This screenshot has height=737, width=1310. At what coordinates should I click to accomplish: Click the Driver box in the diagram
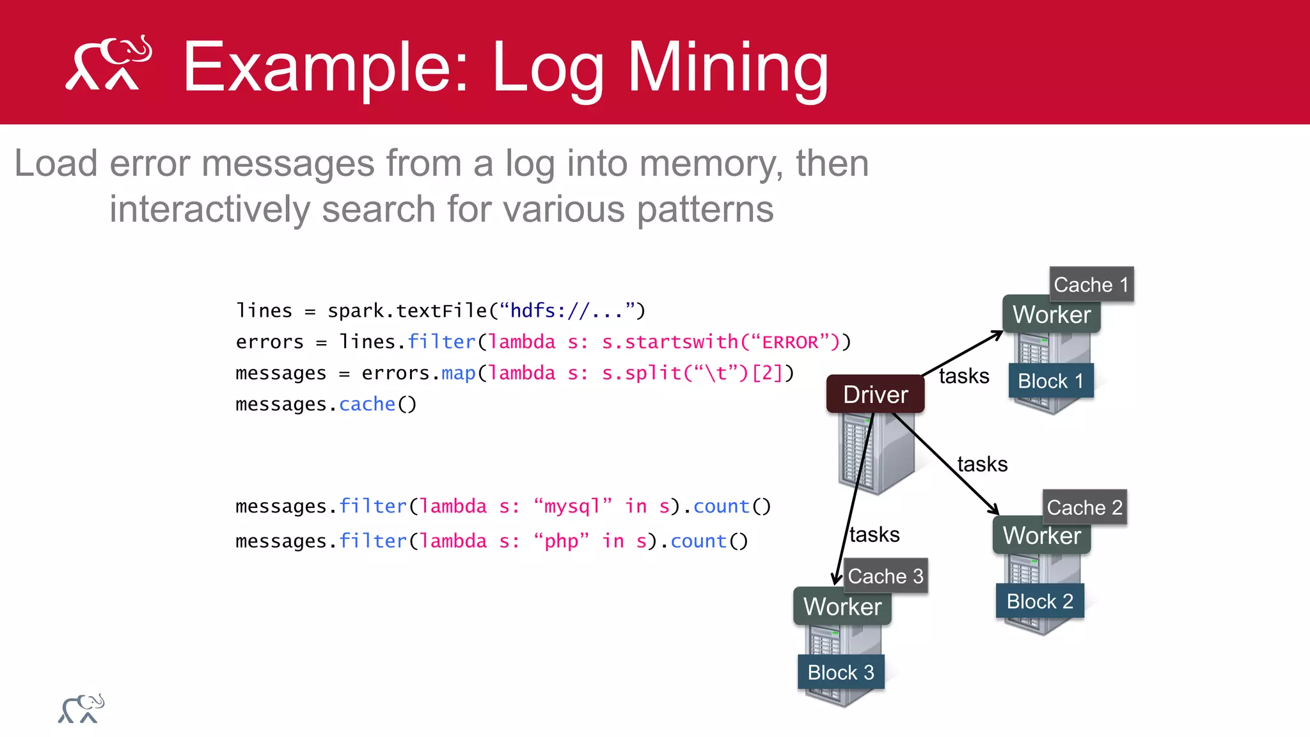pos(875,394)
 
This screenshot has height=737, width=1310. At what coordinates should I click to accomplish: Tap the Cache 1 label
pos(1091,285)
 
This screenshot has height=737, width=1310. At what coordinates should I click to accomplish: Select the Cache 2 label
pos(1084,507)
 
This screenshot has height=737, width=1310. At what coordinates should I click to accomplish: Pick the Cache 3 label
pos(885,576)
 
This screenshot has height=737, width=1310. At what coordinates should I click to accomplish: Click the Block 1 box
pos(1050,381)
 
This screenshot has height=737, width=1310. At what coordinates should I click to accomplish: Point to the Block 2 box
pos(1039,601)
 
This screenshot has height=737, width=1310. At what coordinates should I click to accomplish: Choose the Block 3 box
pos(840,672)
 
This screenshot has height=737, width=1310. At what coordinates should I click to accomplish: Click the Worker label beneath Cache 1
pos(1052,315)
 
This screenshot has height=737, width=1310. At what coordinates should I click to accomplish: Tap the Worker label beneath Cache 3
pos(842,606)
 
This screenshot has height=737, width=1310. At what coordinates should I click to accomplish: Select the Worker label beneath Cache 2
pos(1041,535)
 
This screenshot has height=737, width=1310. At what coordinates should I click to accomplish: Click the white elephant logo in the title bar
pos(109,63)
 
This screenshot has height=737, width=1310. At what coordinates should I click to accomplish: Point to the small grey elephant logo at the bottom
pos(81,709)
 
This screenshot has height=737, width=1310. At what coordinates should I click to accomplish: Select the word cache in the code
pos(367,404)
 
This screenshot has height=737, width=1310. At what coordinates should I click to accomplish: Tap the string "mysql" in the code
pos(572,507)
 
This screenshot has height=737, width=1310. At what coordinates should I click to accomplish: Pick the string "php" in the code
pos(561,541)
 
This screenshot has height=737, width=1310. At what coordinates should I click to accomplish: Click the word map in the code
pos(458,373)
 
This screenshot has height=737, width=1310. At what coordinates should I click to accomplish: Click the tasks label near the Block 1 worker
pos(963,376)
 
